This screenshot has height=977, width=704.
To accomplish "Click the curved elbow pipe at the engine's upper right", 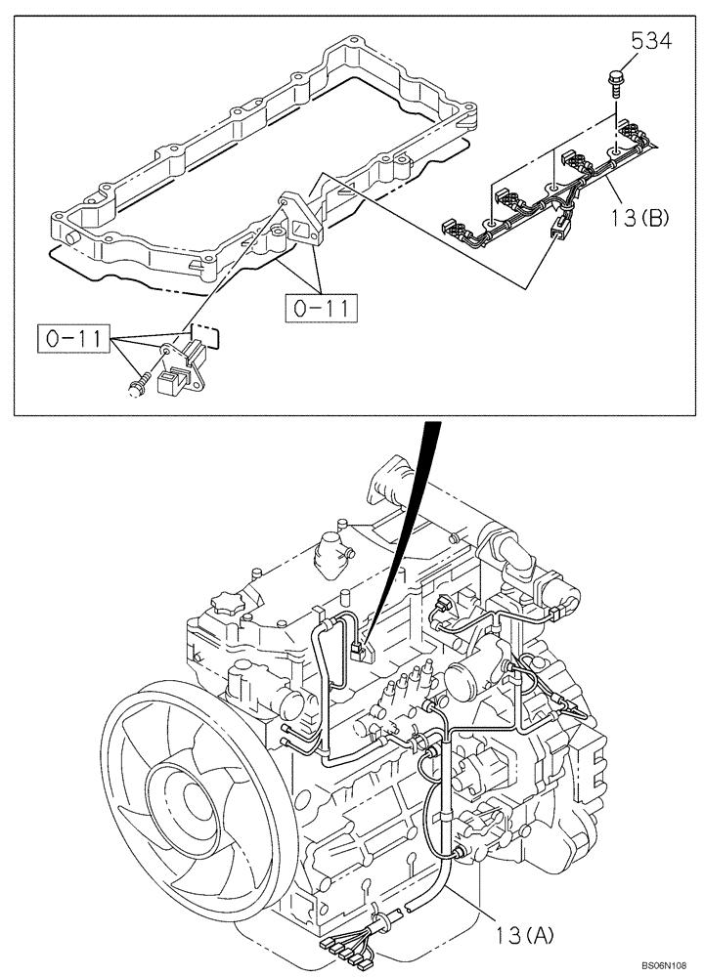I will (513, 555).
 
